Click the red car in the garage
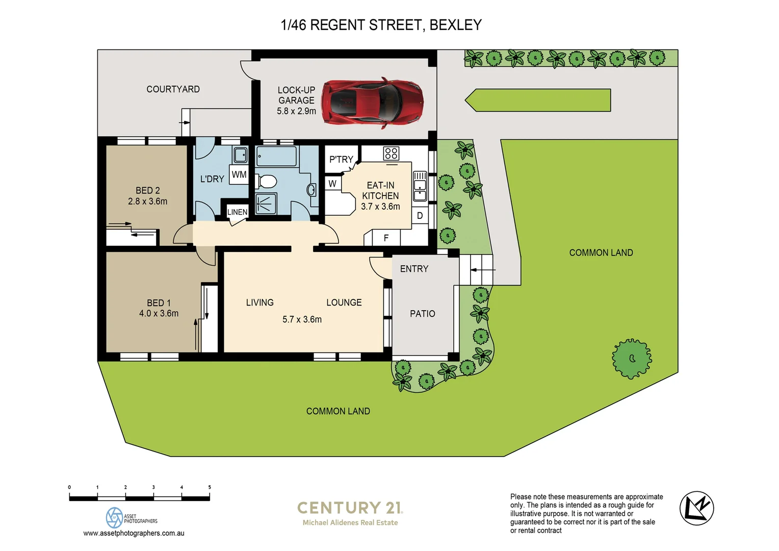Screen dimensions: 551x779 click(372, 102)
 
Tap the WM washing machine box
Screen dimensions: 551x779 click(239, 174)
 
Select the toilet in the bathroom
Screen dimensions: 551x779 click(266, 181)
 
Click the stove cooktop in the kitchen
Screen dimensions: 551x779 click(391, 153)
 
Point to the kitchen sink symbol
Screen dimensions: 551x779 click(420, 186)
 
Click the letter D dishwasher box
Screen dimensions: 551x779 click(420, 216)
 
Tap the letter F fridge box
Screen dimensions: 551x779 click(386, 238)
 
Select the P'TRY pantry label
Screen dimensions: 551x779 click(341, 159)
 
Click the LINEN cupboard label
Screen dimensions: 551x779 click(237, 212)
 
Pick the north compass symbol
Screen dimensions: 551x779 click(696, 508)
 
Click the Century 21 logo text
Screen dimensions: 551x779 click(350, 508)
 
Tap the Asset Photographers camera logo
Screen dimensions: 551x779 click(114, 517)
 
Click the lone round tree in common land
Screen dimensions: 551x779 click(632, 359)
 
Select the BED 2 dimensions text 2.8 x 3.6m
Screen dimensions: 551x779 click(147, 202)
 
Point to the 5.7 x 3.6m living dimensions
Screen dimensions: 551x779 click(302, 319)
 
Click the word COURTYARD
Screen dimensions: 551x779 click(173, 89)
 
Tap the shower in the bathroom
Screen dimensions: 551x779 click(266, 204)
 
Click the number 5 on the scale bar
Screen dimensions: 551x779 click(209, 487)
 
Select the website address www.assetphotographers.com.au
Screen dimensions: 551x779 click(134, 533)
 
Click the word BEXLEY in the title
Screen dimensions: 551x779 click(455, 25)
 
